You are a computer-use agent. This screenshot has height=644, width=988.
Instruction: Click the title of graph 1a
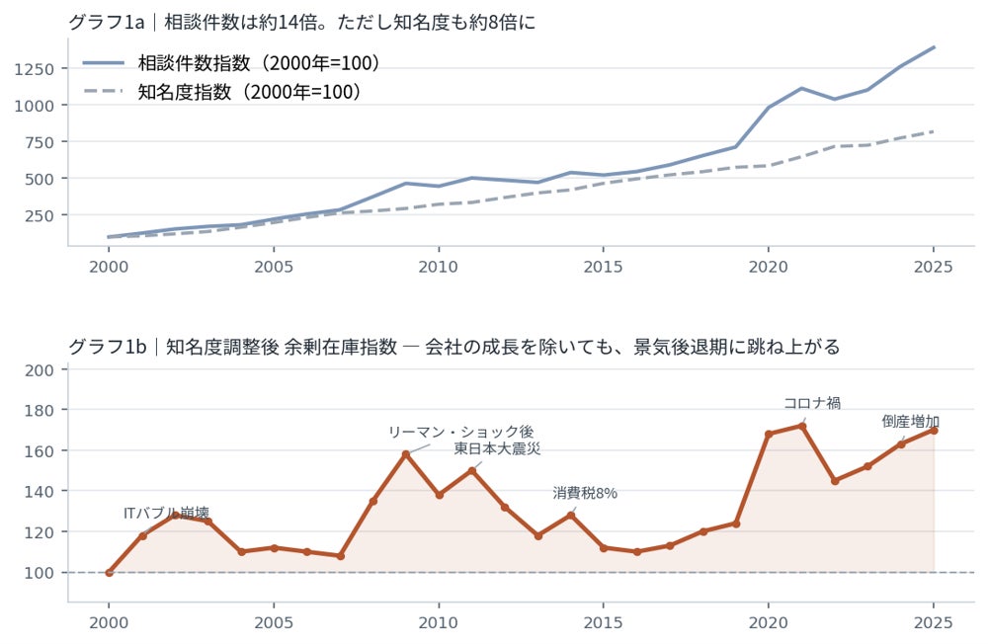pos(301,22)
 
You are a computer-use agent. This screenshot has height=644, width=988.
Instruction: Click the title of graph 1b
pos(453,347)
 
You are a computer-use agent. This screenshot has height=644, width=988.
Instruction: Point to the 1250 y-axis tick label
pos(34,69)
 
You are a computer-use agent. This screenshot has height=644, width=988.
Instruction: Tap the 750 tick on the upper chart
pos(40,142)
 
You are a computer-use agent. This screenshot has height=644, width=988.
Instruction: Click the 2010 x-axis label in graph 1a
pos(438,267)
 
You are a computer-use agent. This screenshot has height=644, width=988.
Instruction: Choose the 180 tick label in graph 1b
pos(40,410)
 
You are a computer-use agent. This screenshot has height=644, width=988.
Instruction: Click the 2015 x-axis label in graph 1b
pos(603,622)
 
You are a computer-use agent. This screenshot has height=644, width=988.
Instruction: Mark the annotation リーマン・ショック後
pos(461,432)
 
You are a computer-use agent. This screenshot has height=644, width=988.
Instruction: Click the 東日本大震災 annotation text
pos(497,448)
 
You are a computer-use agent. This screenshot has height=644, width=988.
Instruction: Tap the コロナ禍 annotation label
pos(811,403)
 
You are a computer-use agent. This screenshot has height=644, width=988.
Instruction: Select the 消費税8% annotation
pos(585,493)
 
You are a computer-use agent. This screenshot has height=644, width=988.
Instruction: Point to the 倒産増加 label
pos(911,422)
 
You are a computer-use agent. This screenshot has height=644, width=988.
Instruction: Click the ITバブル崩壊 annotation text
pos(166,513)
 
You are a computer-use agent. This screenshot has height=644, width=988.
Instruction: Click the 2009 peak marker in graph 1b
pos(406,453)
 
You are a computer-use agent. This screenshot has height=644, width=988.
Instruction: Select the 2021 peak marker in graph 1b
pos(802,426)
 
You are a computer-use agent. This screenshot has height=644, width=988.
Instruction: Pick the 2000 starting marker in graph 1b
pos(109,573)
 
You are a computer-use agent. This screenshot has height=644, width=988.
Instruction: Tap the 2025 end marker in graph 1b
pos(934,431)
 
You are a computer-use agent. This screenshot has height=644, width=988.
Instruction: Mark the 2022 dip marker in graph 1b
pos(835,481)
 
